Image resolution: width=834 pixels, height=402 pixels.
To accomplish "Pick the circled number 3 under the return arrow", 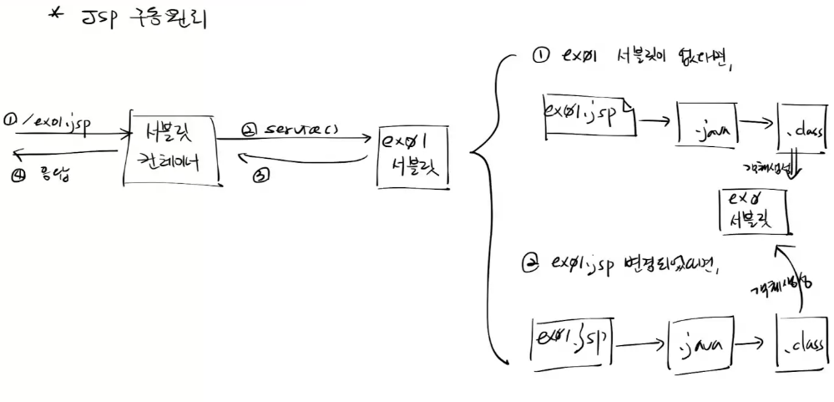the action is tap(261, 175).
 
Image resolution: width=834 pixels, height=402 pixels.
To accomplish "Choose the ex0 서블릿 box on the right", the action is tap(751, 211).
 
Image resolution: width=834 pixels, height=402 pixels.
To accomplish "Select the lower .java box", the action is tap(700, 342).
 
